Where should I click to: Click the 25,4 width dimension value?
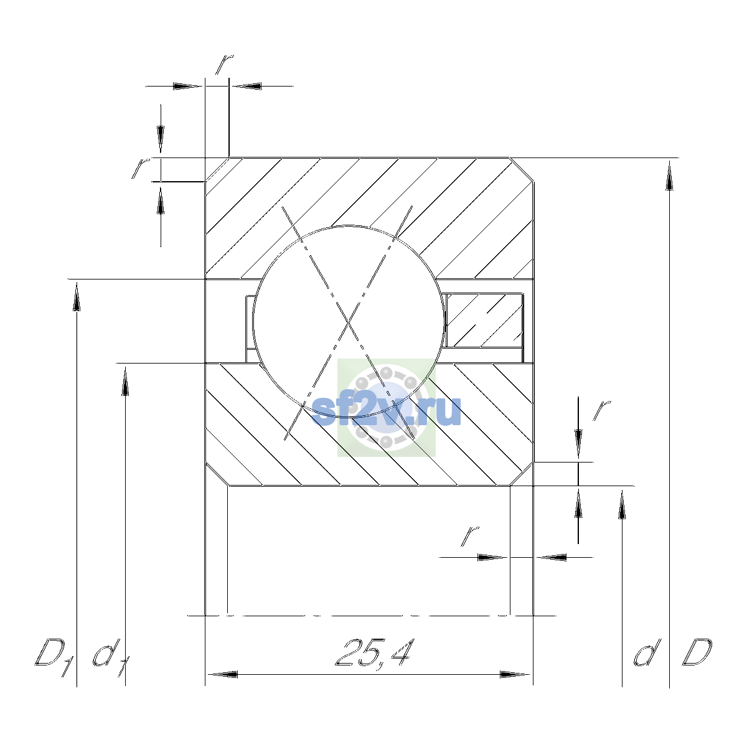pyautogui.click(x=374, y=652)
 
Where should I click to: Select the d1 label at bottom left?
pyautogui.click(x=110, y=657)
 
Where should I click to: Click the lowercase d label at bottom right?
pyautogui.click(x=647, y=653)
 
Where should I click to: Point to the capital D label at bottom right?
pyautogui.click(x=697, y=653)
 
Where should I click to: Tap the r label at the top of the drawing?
pyautogui.click(x=225, y=64)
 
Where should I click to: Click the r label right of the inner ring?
pyautogui.click(x=601, y=410)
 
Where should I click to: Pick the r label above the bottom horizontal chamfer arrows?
pyautogui.click(x=469, y=536)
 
